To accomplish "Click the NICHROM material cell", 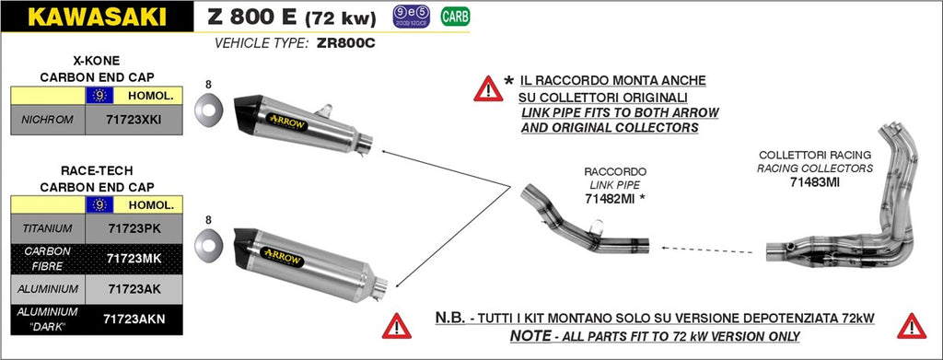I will point(47,118).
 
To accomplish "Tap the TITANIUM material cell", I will point(47,226).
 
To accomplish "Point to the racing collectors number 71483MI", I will point(814,182).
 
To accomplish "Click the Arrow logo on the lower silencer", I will point(284,258).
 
